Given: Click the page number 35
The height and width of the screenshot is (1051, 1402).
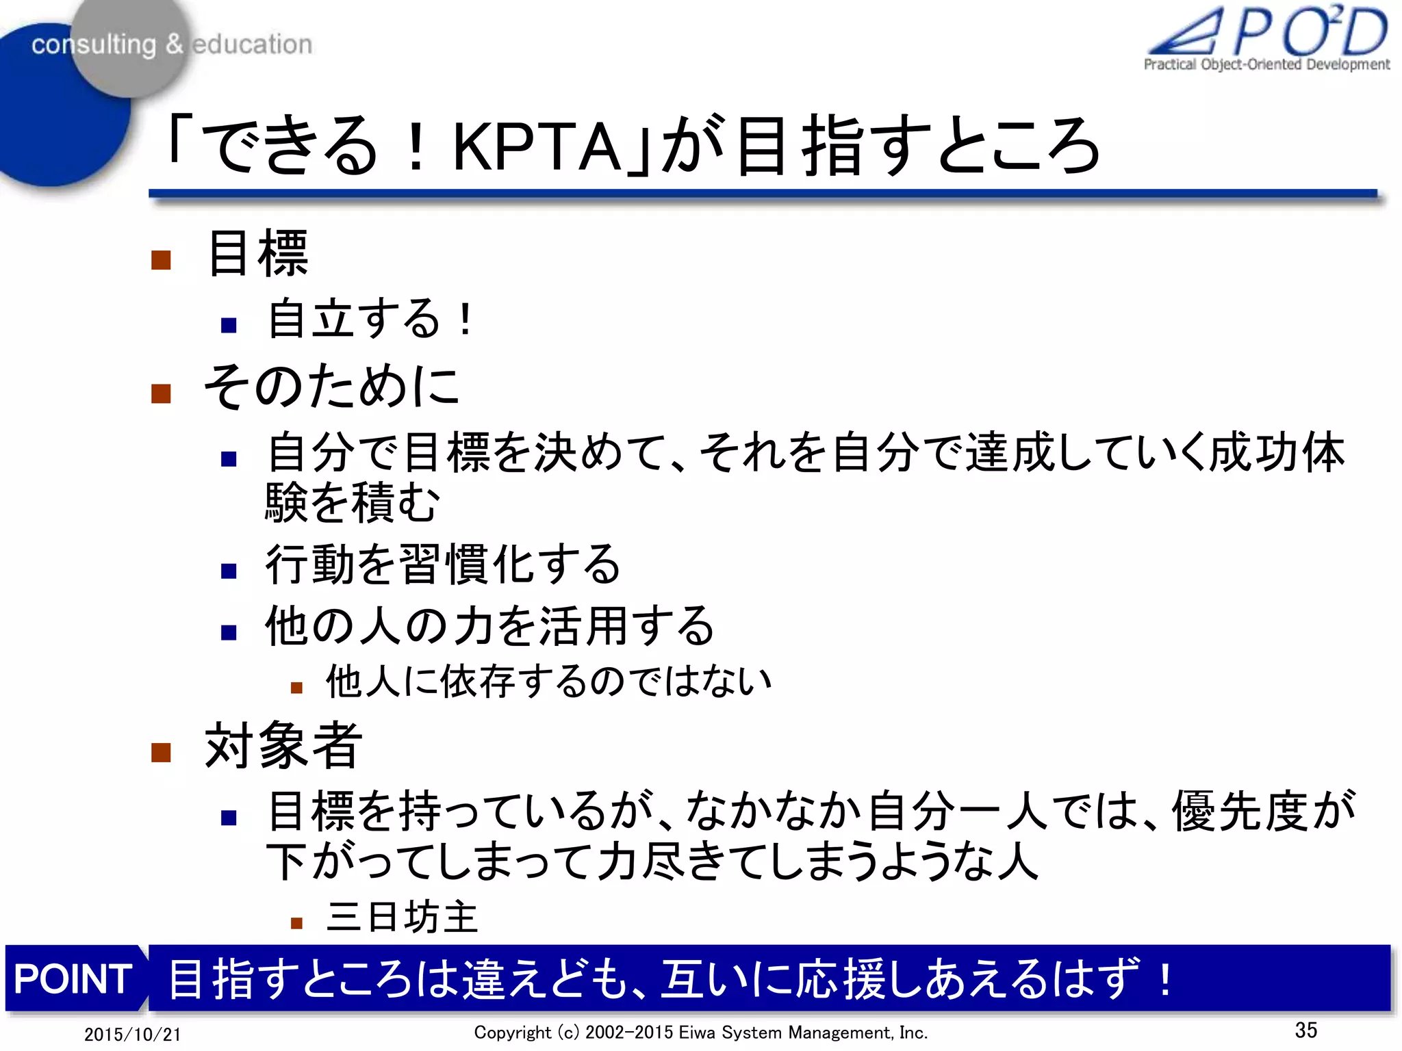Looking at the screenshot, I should (1305, 1030).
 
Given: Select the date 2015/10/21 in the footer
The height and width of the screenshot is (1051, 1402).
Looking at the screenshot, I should (132, 1034).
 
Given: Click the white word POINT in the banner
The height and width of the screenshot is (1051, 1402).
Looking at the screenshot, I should (73, 978).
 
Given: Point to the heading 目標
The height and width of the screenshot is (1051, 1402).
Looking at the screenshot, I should (257, 254).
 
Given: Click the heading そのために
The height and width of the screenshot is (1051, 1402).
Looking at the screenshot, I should (331, 387).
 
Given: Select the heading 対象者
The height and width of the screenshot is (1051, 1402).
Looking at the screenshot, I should (283, 746).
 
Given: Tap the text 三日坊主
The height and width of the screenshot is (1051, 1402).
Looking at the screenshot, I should (402, 917).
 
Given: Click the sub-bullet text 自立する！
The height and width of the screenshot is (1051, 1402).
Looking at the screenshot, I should (370, 319).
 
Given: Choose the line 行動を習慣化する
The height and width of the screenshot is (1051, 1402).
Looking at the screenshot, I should (443, 565).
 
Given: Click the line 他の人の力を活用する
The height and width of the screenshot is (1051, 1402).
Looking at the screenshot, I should (489, 626).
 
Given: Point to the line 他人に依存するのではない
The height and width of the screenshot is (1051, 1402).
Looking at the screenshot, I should (548, 682).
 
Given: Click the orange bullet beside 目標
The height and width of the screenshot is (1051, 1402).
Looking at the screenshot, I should (161, 260).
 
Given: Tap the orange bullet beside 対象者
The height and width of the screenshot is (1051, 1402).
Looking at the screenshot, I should (161, 753).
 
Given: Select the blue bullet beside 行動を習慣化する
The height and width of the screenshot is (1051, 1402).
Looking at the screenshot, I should (229, 571).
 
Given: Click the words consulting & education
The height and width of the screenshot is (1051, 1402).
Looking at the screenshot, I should (172, 44).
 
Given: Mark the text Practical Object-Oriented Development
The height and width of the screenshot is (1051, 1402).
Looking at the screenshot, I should (1266, 64).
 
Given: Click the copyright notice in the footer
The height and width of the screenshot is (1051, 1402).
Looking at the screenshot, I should (700, 1033).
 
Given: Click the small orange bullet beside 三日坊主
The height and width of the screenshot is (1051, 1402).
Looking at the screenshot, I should (296, 923).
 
